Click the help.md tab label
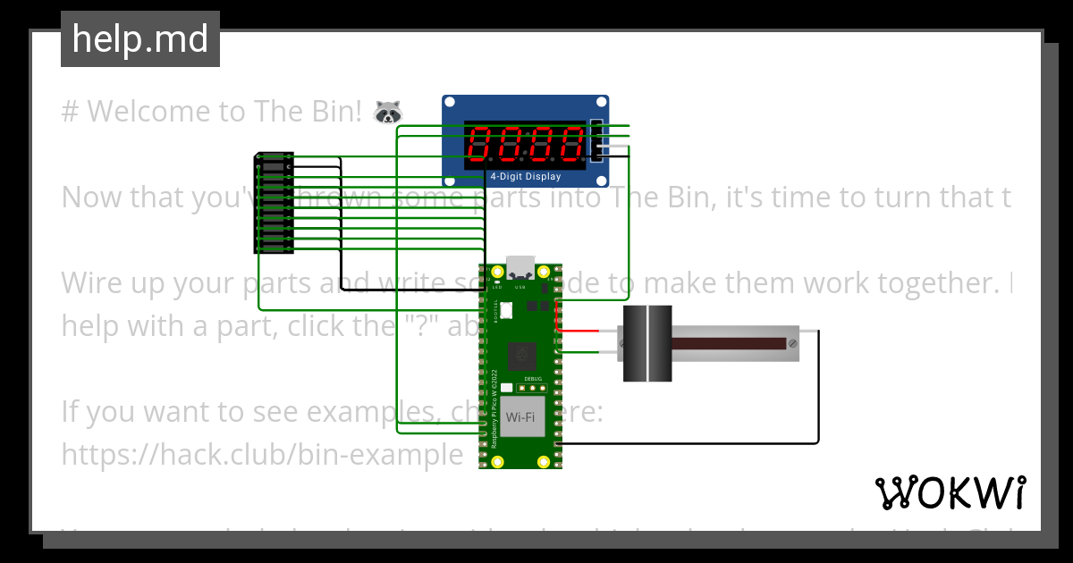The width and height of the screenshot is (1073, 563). coord(140,39)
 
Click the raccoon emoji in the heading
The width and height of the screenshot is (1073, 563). coord(388,112)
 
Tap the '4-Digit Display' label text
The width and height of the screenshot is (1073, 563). coord(526,176)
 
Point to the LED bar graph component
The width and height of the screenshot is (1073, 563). coord(274,204)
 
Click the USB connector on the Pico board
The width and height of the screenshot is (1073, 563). coord(521,266)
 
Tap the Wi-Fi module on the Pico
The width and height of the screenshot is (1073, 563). coord(521,417)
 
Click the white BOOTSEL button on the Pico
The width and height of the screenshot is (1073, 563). coord(507,311)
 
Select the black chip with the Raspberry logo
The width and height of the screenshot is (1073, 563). coord(521,357)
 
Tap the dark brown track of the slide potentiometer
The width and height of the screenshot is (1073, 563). coord(729,343)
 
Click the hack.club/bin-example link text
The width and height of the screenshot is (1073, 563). coord(262,455)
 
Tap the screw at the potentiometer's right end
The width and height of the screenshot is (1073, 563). coord(792,343)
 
